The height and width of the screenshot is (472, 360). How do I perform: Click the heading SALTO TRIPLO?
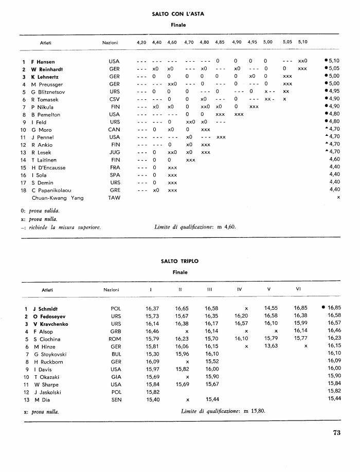coord(179,261)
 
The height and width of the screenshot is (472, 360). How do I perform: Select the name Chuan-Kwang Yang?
coord(57,197)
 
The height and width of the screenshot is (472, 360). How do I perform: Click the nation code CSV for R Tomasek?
coord(115,99)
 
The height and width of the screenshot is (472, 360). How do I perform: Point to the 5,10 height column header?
coord(302,42)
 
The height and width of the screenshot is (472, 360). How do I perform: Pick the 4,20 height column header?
coord(141,42)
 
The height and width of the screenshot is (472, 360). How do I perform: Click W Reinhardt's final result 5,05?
coord(334,68)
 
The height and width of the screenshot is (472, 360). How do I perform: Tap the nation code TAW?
coord(114,197)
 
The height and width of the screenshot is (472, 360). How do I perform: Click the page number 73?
coord(337,432)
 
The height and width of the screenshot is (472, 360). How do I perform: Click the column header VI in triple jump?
coord(298,289)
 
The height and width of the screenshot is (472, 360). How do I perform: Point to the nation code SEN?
coord(116,399)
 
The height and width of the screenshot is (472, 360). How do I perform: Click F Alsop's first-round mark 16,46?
coord(152,331)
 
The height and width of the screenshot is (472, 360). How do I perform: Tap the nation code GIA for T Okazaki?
coord(116,376)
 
